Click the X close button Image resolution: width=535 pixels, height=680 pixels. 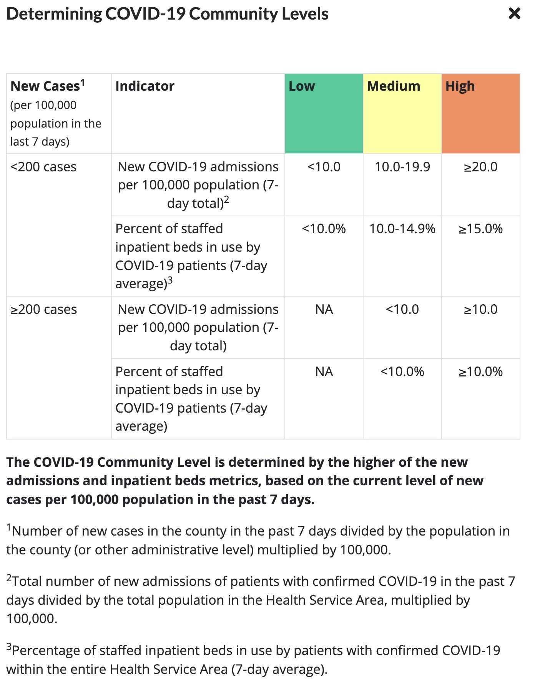[x=514, y=14]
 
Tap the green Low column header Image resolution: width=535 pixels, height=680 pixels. [x=324, y=114]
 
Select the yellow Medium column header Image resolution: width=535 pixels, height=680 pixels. [x=402, y=114]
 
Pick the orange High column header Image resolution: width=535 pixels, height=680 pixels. [x=481, y=114]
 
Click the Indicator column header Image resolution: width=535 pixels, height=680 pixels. [x=145, y=86]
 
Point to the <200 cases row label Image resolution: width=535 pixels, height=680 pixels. [x=43, y=167]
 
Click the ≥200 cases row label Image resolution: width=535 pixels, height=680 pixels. [x=43, y=309]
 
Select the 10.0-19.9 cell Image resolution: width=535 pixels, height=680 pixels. [x=402, y=167]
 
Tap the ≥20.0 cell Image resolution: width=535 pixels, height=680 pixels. [x=481, y=167]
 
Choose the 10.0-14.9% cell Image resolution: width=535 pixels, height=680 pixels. [x=402, y=229]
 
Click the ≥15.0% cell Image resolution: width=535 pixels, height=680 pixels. [x=481, y=229]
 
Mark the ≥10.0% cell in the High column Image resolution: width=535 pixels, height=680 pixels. [x=481, y=372]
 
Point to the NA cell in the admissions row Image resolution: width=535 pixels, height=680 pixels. [x=324, y=309]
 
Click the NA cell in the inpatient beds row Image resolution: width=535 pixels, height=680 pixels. [x=324, y=372]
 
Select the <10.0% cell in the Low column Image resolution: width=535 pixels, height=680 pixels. [x=324, y=229]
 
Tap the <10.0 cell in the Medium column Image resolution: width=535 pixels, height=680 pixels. [x=402, y=309]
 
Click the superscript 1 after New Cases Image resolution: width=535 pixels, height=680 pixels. [x=83, y=83]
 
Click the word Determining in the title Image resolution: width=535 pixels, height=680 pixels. [x=54, y=14]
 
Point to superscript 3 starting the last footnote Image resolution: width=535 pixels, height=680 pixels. [x=9, y=647]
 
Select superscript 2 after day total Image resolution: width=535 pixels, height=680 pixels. [x=227, y=199]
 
